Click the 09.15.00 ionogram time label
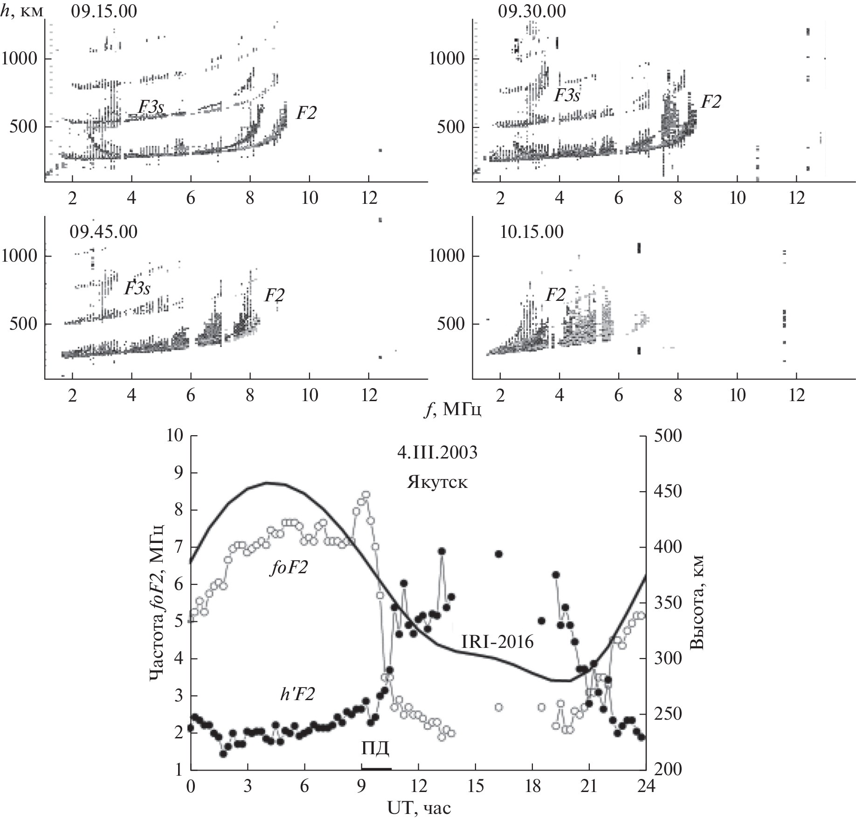104,11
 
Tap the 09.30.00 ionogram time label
532,11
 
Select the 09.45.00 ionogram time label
104,232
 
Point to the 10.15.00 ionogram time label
532,232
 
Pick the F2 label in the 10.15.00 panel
555,295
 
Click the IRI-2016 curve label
497,642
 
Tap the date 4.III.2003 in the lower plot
437,453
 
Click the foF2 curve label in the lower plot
289,568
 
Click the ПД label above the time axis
375,749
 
